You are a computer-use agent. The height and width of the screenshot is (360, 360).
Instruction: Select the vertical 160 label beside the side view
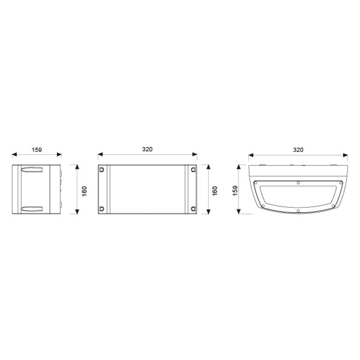click(x=85, y=191)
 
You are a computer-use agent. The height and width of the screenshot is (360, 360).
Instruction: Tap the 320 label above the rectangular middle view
click(x=147, y=149)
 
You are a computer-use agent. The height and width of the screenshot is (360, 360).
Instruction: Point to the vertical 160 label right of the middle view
click(x=215, y=191)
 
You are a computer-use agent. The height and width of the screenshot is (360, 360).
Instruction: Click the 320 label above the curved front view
click(x=298, y=150)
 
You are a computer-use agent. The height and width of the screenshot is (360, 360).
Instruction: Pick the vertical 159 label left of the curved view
click(x=235, y=191)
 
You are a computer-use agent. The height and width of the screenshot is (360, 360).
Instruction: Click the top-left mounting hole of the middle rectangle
click(x=101, y=170)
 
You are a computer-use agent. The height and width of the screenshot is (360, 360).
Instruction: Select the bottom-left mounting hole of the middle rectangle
click(x=101, y=209)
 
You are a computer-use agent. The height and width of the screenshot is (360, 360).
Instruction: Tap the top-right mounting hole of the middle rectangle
click(x=193, y=170)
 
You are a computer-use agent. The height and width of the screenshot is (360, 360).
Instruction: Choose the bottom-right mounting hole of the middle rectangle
click(x=193, y=209)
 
